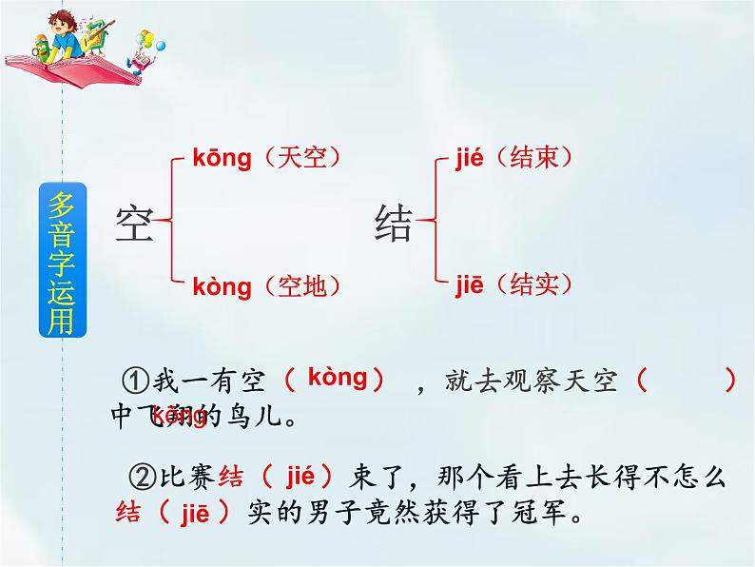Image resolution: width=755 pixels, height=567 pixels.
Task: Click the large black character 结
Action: [394, 225]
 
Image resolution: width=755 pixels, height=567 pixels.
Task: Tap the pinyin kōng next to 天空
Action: [222, 158]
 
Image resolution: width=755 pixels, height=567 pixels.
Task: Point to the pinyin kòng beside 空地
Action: [222, 285]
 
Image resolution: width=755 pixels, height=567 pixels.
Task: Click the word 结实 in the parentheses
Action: [540, 283]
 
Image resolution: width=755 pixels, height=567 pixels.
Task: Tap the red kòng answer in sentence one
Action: [338, 378]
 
